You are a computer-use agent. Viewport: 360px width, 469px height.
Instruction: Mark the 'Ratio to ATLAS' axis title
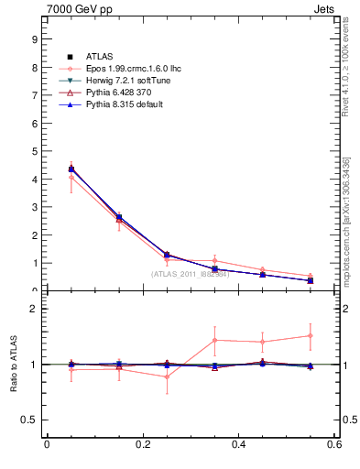click(14, 365)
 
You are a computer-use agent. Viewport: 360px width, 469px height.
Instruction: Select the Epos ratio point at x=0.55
click(311, 335)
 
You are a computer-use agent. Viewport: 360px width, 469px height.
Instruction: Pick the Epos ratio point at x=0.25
click(167, 376)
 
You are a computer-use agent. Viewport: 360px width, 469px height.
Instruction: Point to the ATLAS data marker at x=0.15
click(119, 217)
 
